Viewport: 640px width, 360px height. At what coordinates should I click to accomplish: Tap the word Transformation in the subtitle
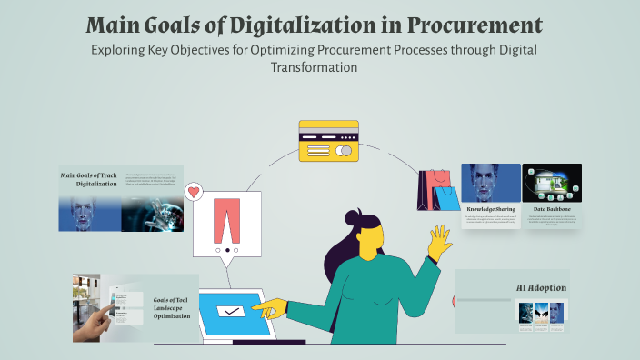tap(319, 67)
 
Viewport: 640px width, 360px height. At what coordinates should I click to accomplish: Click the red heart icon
tap(193, 192)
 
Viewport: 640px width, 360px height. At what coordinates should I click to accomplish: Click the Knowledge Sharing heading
tap(491, 208)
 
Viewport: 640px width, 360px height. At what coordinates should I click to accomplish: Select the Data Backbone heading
tap(552, 208)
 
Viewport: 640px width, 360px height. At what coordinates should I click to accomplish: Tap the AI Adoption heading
tap(541, 287)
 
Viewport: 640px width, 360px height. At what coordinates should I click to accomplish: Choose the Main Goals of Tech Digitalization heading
tap(89, 179)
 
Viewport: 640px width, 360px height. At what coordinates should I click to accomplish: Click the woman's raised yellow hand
tap(440, 243)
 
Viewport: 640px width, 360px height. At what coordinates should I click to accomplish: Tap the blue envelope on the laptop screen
tap(229, 312)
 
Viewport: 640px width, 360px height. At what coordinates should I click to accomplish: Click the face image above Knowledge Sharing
tap(491, 182)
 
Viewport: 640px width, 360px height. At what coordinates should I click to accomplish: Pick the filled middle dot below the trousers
tap(226, 249)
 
